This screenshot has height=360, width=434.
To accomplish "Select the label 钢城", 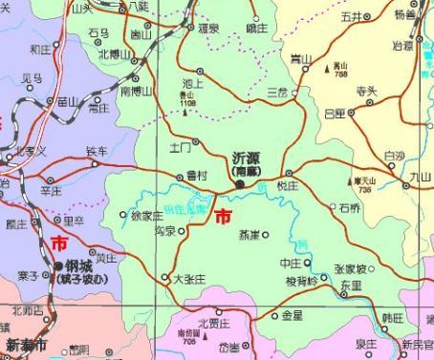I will click(x=78, y=265).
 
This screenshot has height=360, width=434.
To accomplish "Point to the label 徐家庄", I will click(x=146, y=216).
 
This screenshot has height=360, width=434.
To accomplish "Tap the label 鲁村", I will click(x=198, y=175).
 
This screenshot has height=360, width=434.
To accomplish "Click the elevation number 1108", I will click(x=186, y=101).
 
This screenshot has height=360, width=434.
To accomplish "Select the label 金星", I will click(x=292, y=315).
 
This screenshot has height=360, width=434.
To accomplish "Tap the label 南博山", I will click(x=137, y=91).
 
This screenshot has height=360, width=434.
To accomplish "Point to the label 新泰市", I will click(x=26, y=344).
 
